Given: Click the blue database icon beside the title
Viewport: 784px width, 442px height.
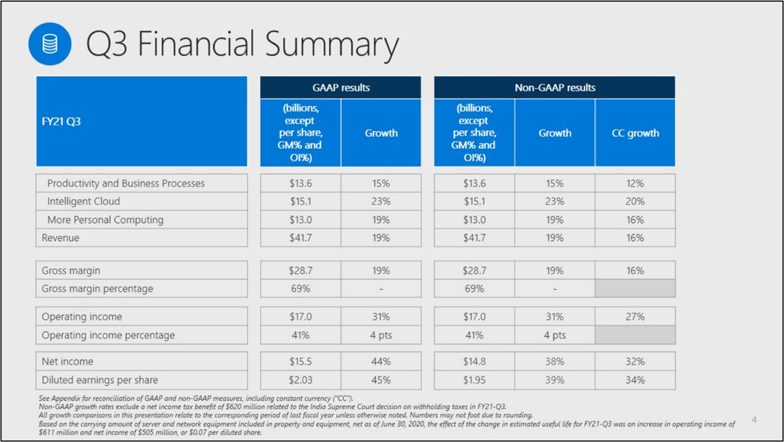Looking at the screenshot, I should tap(50, 44).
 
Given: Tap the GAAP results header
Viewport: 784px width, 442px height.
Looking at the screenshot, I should tap(341, 87).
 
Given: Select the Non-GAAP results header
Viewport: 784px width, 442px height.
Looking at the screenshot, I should tap(555, 87).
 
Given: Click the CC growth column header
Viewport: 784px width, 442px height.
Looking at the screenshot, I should tap(635, 133).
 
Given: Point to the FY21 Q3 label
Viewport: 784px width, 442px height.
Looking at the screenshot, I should tap(61, 121).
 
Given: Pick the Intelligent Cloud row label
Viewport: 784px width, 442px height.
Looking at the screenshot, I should tap(84, 201).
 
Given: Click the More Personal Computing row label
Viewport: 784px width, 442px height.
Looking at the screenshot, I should tap(105, 220).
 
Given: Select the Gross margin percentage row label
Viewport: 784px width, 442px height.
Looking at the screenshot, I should tap(97, 289).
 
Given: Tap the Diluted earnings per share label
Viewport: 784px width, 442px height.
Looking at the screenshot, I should tap(100, 380).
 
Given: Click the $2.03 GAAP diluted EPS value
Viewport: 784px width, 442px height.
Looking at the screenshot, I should tap(300, 380).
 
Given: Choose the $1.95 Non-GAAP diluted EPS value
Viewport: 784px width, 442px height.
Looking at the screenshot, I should tap(474, 380).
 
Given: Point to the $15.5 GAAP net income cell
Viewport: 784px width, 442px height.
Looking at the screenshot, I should tap(300, 361).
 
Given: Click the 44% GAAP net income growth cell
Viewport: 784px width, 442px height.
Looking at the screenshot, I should tap(381, 361).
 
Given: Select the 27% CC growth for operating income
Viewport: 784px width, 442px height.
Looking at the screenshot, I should tap(635, 316).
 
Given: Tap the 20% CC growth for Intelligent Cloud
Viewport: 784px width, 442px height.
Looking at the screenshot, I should tap(635, 201).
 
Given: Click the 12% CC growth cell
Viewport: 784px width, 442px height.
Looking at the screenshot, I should tap(635, 183).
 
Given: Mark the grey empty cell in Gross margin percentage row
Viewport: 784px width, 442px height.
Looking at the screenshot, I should tap(635, 289).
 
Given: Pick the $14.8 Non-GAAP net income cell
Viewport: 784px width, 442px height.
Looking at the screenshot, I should tap(474, 361).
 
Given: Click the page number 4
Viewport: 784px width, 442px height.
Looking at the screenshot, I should tap(755, 420).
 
